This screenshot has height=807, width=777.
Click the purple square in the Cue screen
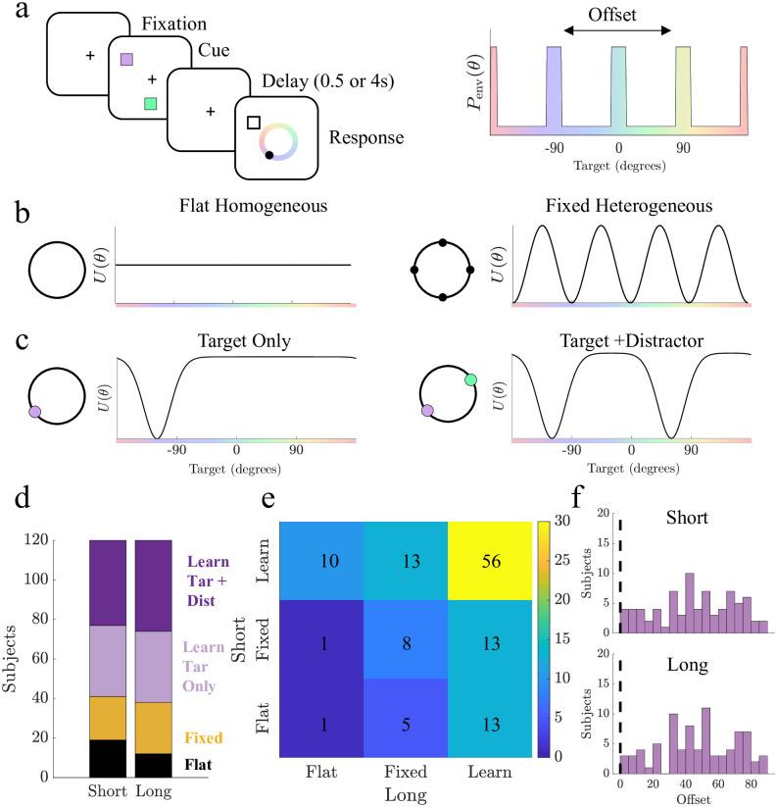click(x=126, y=60)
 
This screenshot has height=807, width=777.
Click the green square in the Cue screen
click(x=149, y=103)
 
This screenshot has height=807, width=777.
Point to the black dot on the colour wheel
click(x=268, y=154)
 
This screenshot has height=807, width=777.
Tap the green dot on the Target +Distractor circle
click(x=470, y=379)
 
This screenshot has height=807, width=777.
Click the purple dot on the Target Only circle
click(x=35, y=413)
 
